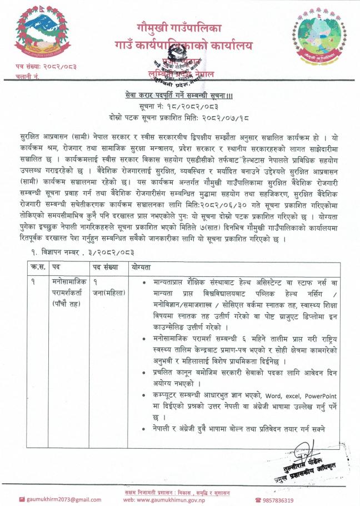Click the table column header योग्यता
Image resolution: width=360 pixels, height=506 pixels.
(x=143, y=267)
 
